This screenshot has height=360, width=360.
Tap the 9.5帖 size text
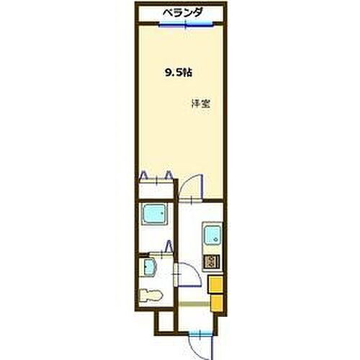tap(178, 72)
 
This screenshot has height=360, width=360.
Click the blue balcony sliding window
tap(186, 24)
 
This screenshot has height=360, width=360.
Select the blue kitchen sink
tap(212, 235)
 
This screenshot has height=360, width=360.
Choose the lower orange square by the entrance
tap(215, 303)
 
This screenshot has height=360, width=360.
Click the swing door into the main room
tap(189, 189)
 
